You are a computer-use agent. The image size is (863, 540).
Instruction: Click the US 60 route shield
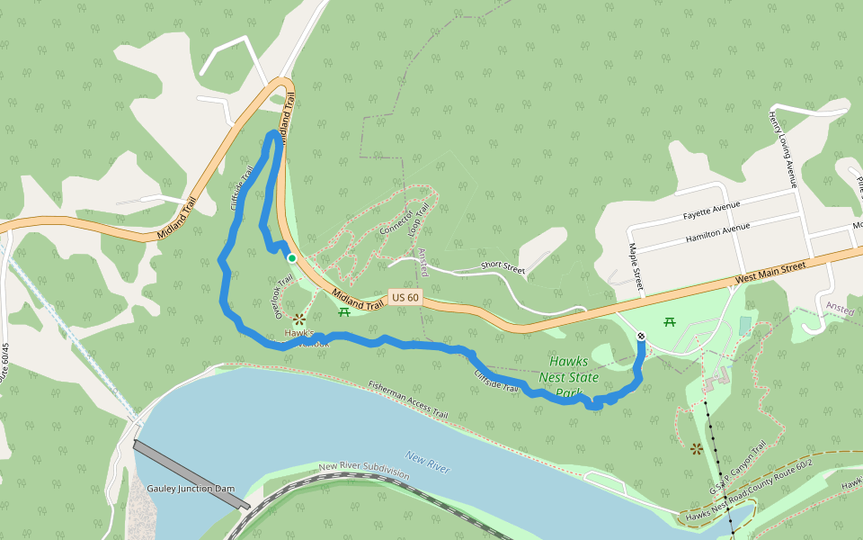click(405, 297)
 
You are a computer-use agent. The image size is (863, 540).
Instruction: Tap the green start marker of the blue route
click(291, 258)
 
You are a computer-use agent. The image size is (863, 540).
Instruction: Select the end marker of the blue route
click(641, 336)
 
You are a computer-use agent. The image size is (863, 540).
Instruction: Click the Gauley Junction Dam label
click(190, 489)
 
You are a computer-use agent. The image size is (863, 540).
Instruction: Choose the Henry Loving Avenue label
click(782, 149)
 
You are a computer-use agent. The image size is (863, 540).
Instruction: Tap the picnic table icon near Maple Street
click(669, 321)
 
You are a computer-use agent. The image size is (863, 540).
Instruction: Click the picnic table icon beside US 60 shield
click(343, 312)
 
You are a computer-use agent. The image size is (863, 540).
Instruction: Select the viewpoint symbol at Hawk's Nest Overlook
click(299, 319)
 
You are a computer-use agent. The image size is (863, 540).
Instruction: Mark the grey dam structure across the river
click(191, 475)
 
